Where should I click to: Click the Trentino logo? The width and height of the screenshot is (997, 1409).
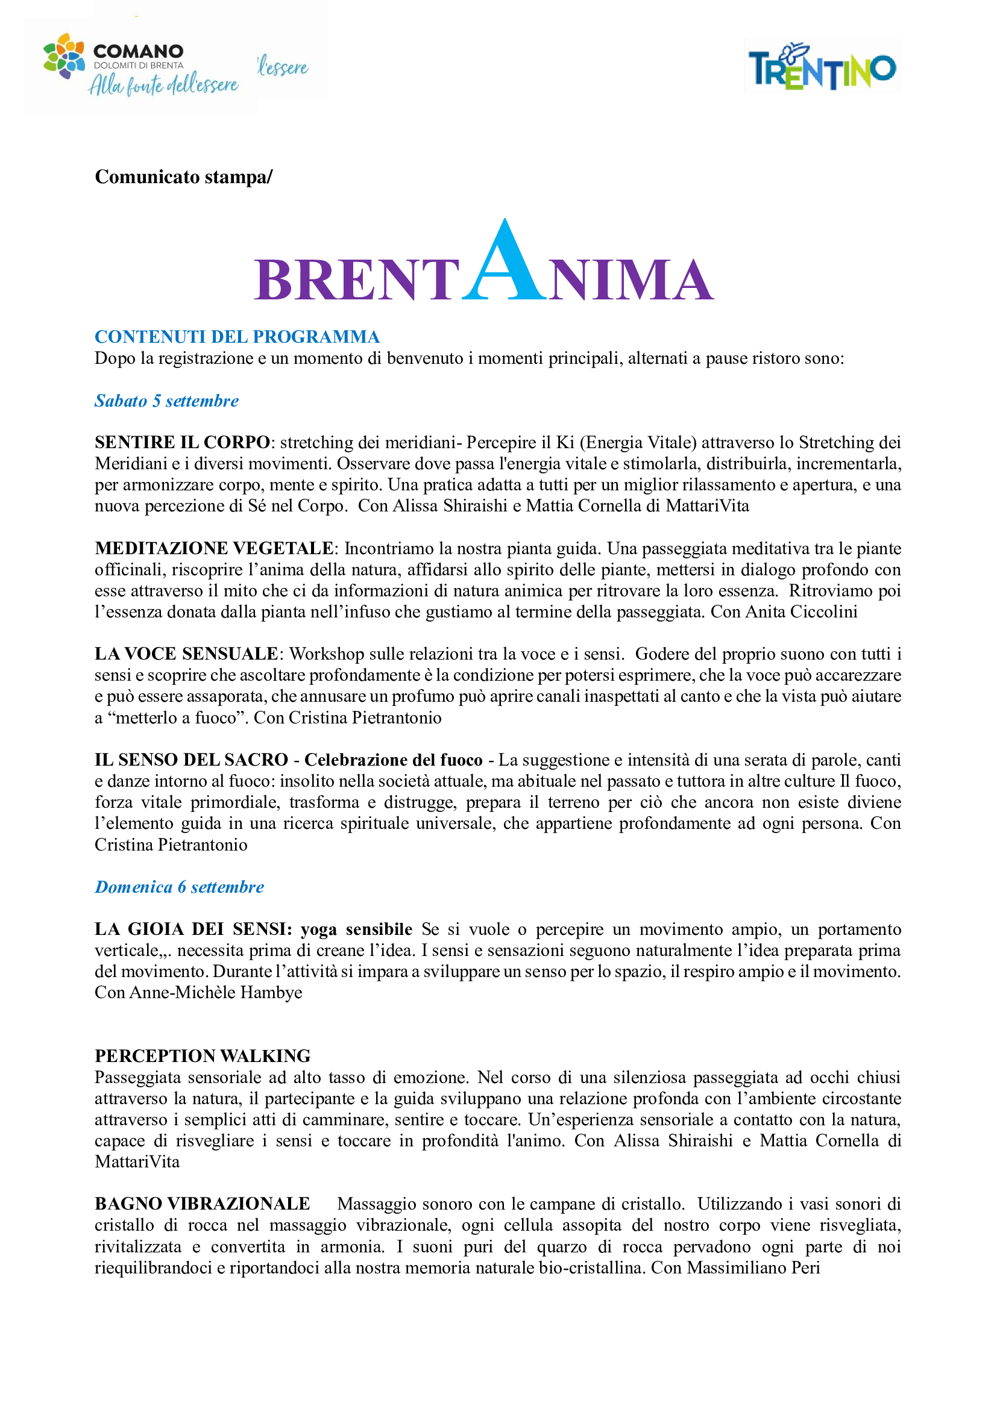pyautogui.click(x=822, y=67)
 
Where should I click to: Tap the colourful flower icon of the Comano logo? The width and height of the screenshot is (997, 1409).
pyautogui.click(x=64, y=56)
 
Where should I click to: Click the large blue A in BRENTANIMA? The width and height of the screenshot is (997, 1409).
pyautogui.click(x=504, y=261)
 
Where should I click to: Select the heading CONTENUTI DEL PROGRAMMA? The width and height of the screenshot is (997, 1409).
pyautogui.click(x=237, y=337)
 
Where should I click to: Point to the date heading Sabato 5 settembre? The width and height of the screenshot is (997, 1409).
pyautogui.click(x=166, y=401)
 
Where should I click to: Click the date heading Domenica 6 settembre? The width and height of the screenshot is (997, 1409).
pyautogui.click(x=179, y=887)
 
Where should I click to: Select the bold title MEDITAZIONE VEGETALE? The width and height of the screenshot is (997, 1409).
pyautogui.click(x=213, y=548)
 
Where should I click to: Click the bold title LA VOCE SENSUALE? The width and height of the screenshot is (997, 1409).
pyautogui.click(x=187, y=654)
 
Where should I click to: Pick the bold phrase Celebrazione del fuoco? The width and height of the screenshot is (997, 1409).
pyautogui.click(x=394, y=760)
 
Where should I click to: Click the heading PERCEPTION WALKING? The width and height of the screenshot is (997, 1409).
pyautogui.click(x=203, y=1055)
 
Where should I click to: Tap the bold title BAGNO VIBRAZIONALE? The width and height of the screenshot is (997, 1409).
pyautogui.click(x=202, y=1204)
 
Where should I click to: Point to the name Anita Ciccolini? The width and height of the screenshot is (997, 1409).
pyautogui.click(x=801, y=612)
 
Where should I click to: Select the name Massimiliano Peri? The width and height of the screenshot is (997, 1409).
pyautogui.click(x=753, y=1267)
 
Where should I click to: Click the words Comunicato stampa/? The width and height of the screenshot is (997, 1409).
pyautogui.click(x=184, y=177)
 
